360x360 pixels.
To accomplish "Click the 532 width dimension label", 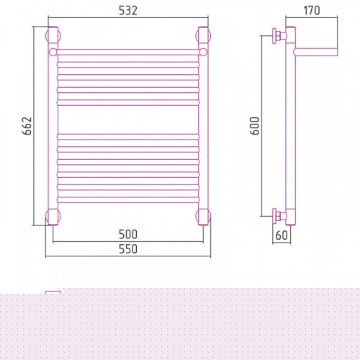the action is (128, 11).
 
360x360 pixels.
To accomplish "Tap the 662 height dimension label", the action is (27, 126).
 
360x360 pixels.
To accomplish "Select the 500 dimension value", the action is (128, 234).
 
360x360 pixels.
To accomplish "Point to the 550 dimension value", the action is (128, 249).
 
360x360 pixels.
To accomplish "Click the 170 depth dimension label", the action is (312, 11).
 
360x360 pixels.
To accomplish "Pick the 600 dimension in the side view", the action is (255, 126).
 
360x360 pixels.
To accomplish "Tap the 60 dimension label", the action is (282, 235).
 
